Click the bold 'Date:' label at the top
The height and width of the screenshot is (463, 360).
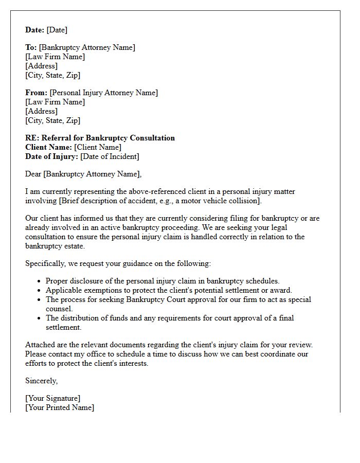(35, 30)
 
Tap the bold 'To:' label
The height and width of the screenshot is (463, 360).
(31, 47)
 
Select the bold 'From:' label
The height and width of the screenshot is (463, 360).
(36, 93)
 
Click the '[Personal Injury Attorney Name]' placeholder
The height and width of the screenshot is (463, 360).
(104, 93)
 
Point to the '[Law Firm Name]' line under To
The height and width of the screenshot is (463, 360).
(55, 57)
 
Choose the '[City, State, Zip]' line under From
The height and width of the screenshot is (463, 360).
(52, 120)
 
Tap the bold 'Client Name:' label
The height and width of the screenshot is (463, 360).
(48, 147)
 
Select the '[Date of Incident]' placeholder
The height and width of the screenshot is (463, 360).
(110, 156)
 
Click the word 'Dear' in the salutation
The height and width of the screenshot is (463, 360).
(33, 174)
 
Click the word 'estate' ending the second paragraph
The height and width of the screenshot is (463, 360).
(72, 246)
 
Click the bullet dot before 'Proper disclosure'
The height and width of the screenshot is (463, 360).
(40, 281)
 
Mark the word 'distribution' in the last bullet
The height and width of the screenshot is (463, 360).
(81, 318)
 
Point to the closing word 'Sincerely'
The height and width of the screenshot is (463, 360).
(41, 381)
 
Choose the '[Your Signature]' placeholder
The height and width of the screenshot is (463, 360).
(52, 398)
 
